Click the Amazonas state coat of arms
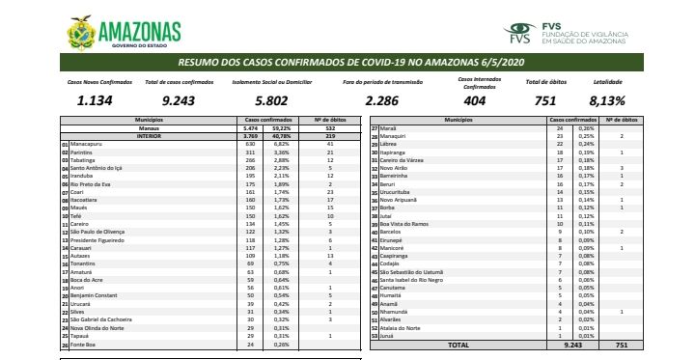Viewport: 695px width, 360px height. pos(82,31)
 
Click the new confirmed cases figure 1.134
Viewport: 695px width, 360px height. pos(95,99)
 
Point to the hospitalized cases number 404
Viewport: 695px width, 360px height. pos(475,99)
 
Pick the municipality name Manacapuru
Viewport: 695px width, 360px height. pos(86,143)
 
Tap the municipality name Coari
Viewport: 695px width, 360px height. pos(76,192)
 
